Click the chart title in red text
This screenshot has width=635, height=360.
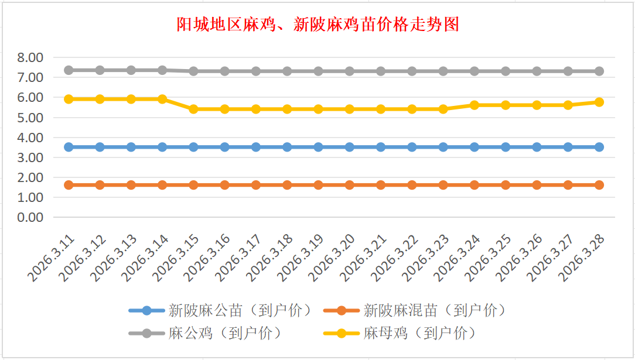click(317, 25)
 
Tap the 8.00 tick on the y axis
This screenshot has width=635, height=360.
click(30, 57)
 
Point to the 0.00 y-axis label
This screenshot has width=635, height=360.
click(30, 217)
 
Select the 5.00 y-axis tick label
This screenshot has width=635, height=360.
click(30, 118)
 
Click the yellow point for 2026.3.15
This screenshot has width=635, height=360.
click(193, 109)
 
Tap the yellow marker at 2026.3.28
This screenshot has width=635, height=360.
click(599, 102)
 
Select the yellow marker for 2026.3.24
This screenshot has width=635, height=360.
click(474, 105)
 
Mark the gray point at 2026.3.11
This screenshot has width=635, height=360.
click(69, 70)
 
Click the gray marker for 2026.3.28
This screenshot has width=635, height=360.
click(599, 71)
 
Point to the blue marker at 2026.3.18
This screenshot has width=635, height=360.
click(287, 147)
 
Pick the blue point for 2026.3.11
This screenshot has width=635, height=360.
click(69, 147)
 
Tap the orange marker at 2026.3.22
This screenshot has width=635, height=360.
click(412, 185)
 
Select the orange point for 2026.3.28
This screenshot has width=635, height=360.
click(599, 185)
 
